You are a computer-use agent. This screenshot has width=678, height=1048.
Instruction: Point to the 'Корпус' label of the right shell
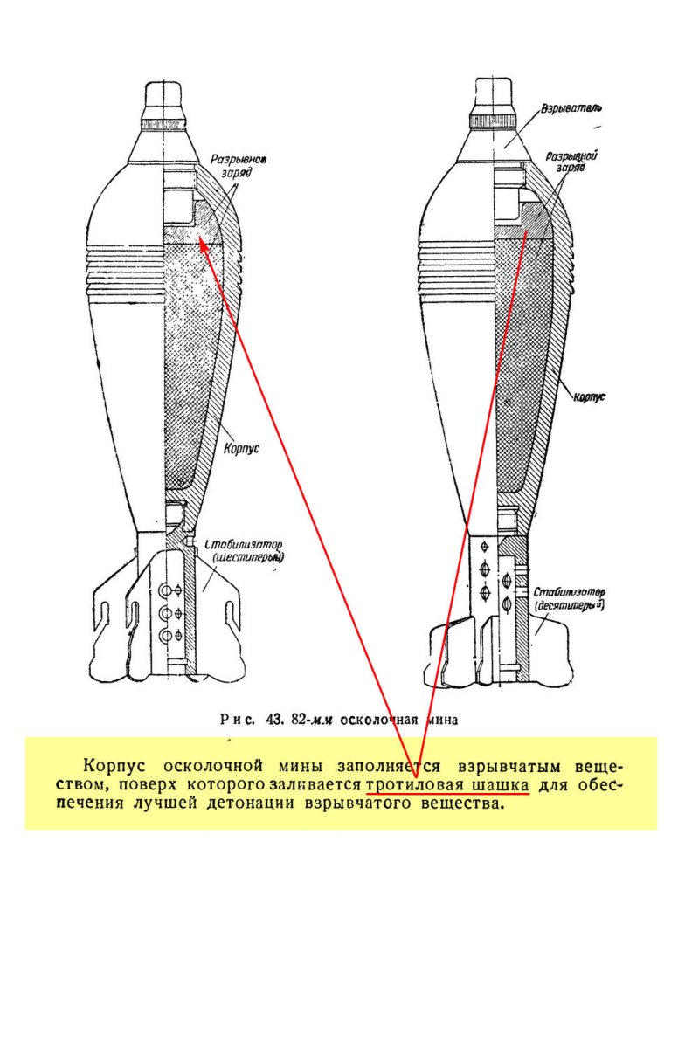589,397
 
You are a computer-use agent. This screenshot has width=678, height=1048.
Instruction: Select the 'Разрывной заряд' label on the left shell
238,167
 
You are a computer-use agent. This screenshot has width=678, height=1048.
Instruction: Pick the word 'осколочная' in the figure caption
380,720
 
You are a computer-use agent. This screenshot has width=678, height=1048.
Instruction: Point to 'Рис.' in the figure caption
235,720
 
